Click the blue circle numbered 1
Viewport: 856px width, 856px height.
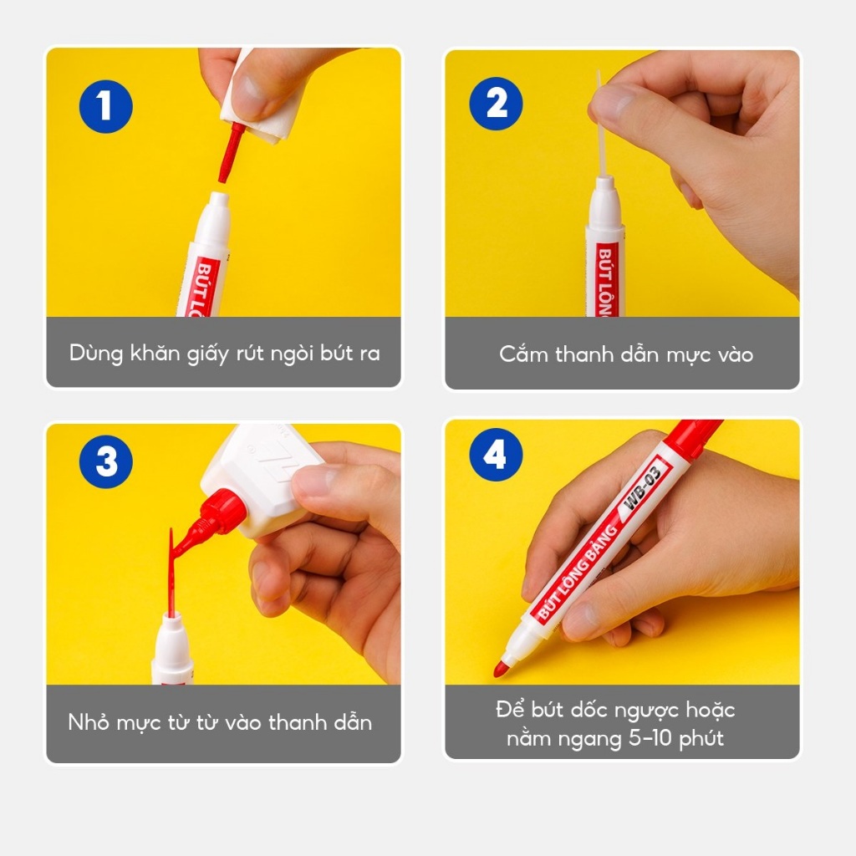[106, 106]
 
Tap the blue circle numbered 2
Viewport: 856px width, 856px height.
[496, 103]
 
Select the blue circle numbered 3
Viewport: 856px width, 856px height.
[106, 461]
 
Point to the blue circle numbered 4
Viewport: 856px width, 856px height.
[496, 454]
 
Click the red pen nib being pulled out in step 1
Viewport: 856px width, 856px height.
[231, 152]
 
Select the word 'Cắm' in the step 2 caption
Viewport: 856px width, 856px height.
[524, 354]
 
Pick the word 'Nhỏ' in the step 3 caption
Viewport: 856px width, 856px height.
[89, 721]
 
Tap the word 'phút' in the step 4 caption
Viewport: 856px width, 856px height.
[701, 739]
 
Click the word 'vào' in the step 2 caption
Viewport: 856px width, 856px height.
[736, 354]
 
